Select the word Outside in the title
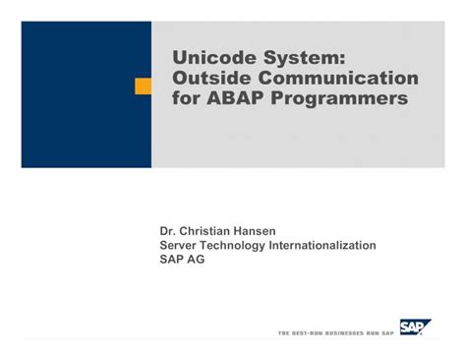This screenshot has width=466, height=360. click(210, 78)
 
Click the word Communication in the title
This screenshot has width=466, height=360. click(335, 78)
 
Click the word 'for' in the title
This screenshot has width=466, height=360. click(187, 99)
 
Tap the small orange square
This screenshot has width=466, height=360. click(143, 87)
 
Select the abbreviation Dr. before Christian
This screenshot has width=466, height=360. click(169, 231)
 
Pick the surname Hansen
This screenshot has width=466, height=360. click(270, 231)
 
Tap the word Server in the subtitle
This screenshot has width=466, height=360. click(181, 245)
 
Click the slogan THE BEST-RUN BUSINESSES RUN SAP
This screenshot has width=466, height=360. click(336, 332)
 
